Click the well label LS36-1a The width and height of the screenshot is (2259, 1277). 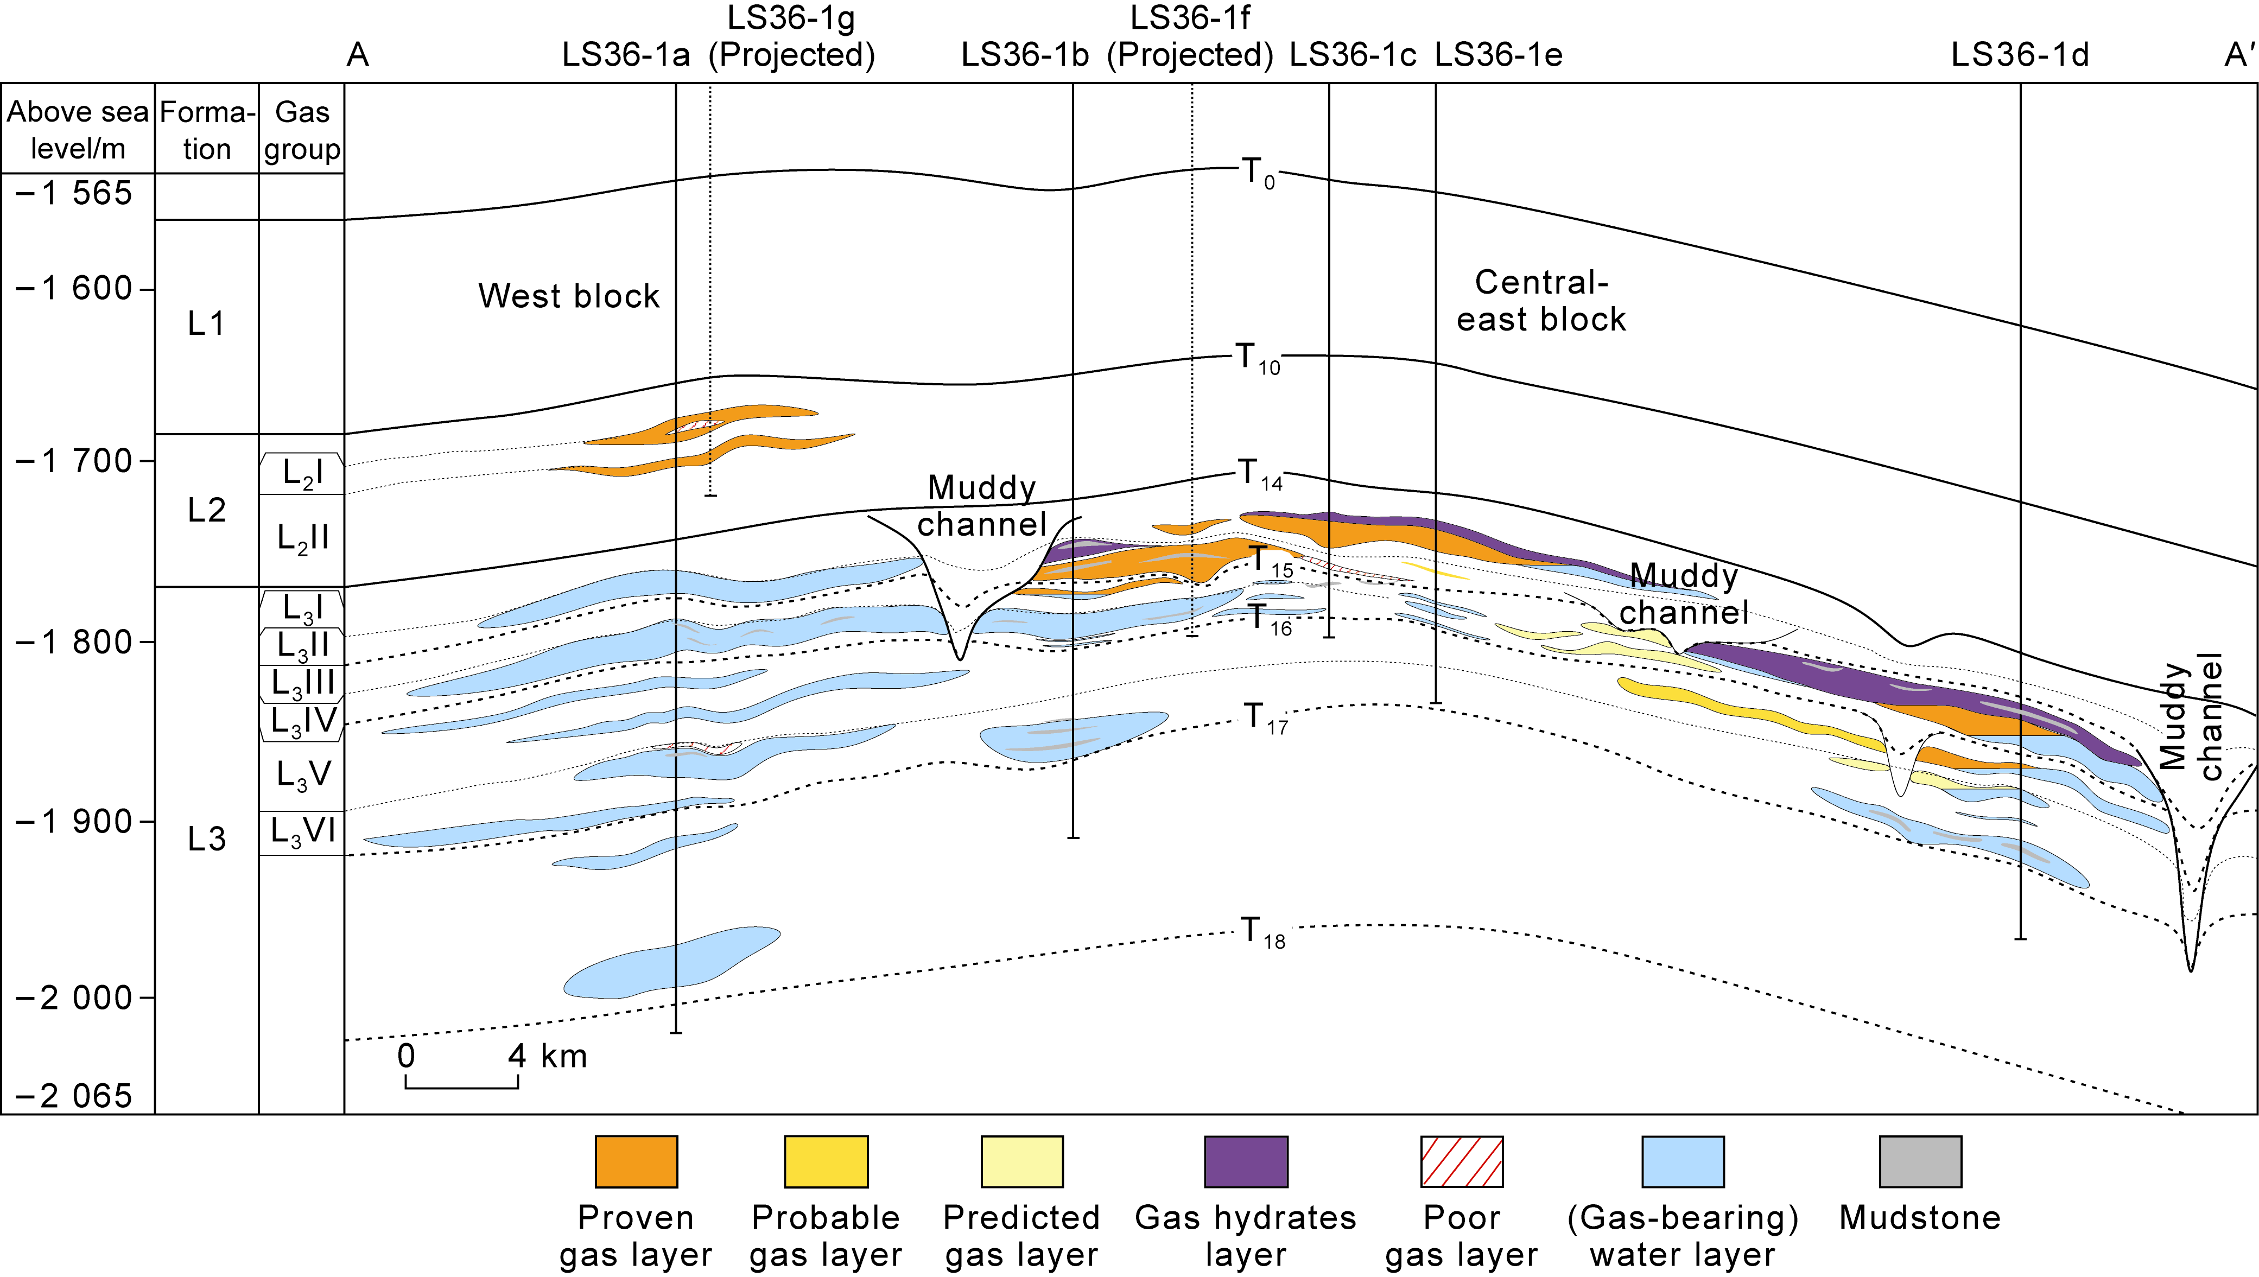625,55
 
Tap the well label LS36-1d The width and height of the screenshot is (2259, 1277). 2020,55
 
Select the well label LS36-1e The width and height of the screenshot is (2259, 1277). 1498,55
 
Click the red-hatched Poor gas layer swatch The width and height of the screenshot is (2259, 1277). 1461,1161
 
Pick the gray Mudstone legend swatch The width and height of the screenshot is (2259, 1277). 1920,1161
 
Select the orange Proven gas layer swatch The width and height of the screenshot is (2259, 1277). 636,1161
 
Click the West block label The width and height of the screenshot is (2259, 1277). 568,296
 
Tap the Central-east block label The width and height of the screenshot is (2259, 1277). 1541,301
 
